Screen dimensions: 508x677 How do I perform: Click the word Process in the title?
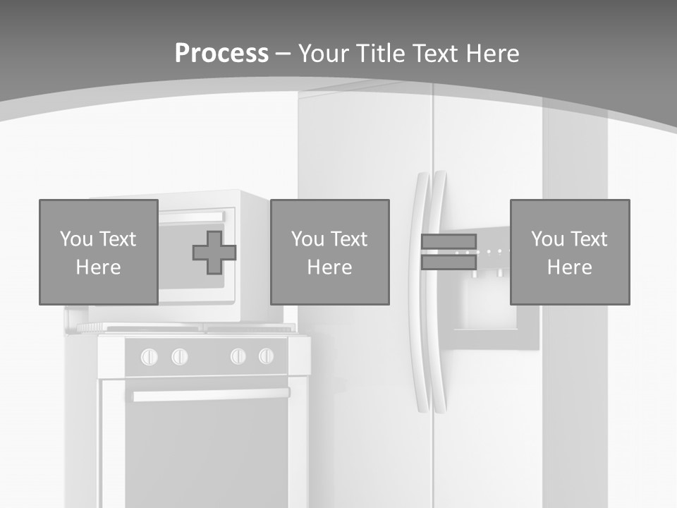[221, 53]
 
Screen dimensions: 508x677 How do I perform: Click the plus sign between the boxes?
[214, 253]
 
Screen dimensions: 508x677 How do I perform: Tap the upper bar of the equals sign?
[449, 242]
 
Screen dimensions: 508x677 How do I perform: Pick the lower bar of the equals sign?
[449, 262]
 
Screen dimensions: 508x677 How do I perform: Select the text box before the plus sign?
[98, 252]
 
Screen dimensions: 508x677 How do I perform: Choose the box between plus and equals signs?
[329, 252]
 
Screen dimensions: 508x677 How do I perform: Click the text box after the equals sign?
[569, 252]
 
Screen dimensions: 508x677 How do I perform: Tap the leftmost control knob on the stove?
[150, 357]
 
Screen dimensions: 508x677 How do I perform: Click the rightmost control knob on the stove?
[266, 356]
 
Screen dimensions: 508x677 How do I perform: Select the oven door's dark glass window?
[206, 452]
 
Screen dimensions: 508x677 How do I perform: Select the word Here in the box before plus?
[98, 267]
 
